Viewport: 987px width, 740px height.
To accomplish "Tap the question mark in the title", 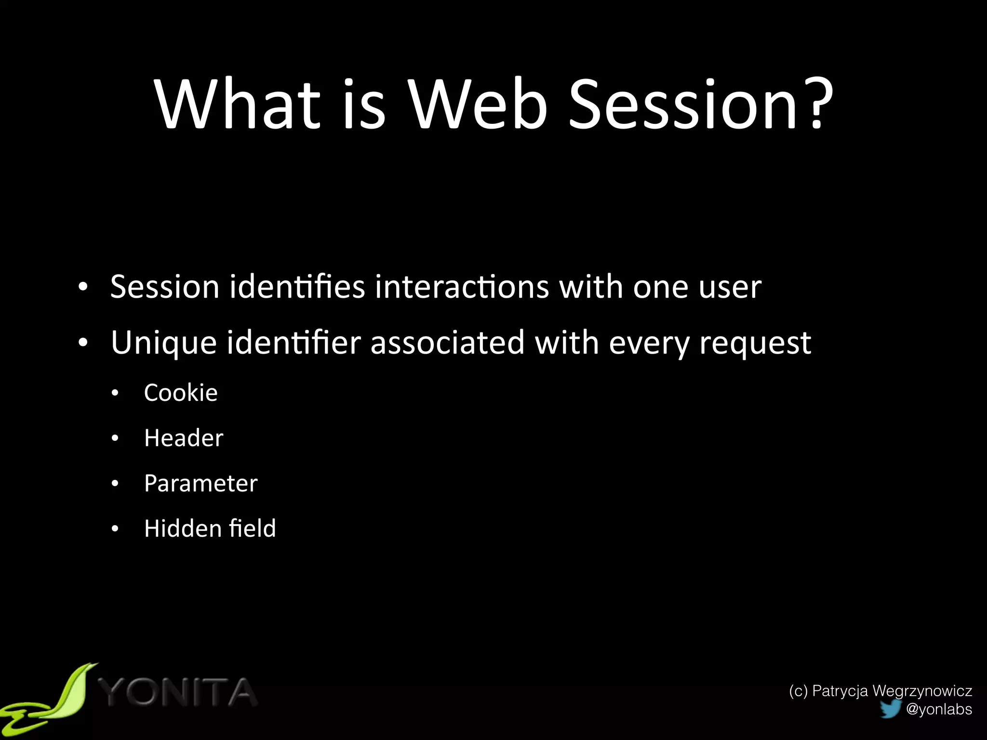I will tap(815, 104).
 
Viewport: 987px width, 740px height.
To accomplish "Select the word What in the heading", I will tap(237, 104).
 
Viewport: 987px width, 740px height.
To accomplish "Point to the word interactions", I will tap(462, 287).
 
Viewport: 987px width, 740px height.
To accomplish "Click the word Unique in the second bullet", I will tap(164, 343).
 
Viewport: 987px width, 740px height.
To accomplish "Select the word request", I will tap(755, 343).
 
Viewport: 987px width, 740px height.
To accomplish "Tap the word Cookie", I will tap(181, 393).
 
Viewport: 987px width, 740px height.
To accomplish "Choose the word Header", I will tap(184, 438).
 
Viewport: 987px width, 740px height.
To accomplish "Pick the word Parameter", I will tap(200, 483).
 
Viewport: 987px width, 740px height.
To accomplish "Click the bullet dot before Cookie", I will tap(115, 394).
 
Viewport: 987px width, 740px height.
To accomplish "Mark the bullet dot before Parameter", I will tap(115, 484).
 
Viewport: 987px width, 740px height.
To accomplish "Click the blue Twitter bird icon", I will tap(890, 709).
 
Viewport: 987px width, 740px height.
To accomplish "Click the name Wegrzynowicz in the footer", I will tap(922, 691).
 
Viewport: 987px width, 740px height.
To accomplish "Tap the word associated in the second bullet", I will tap(447, 343).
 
